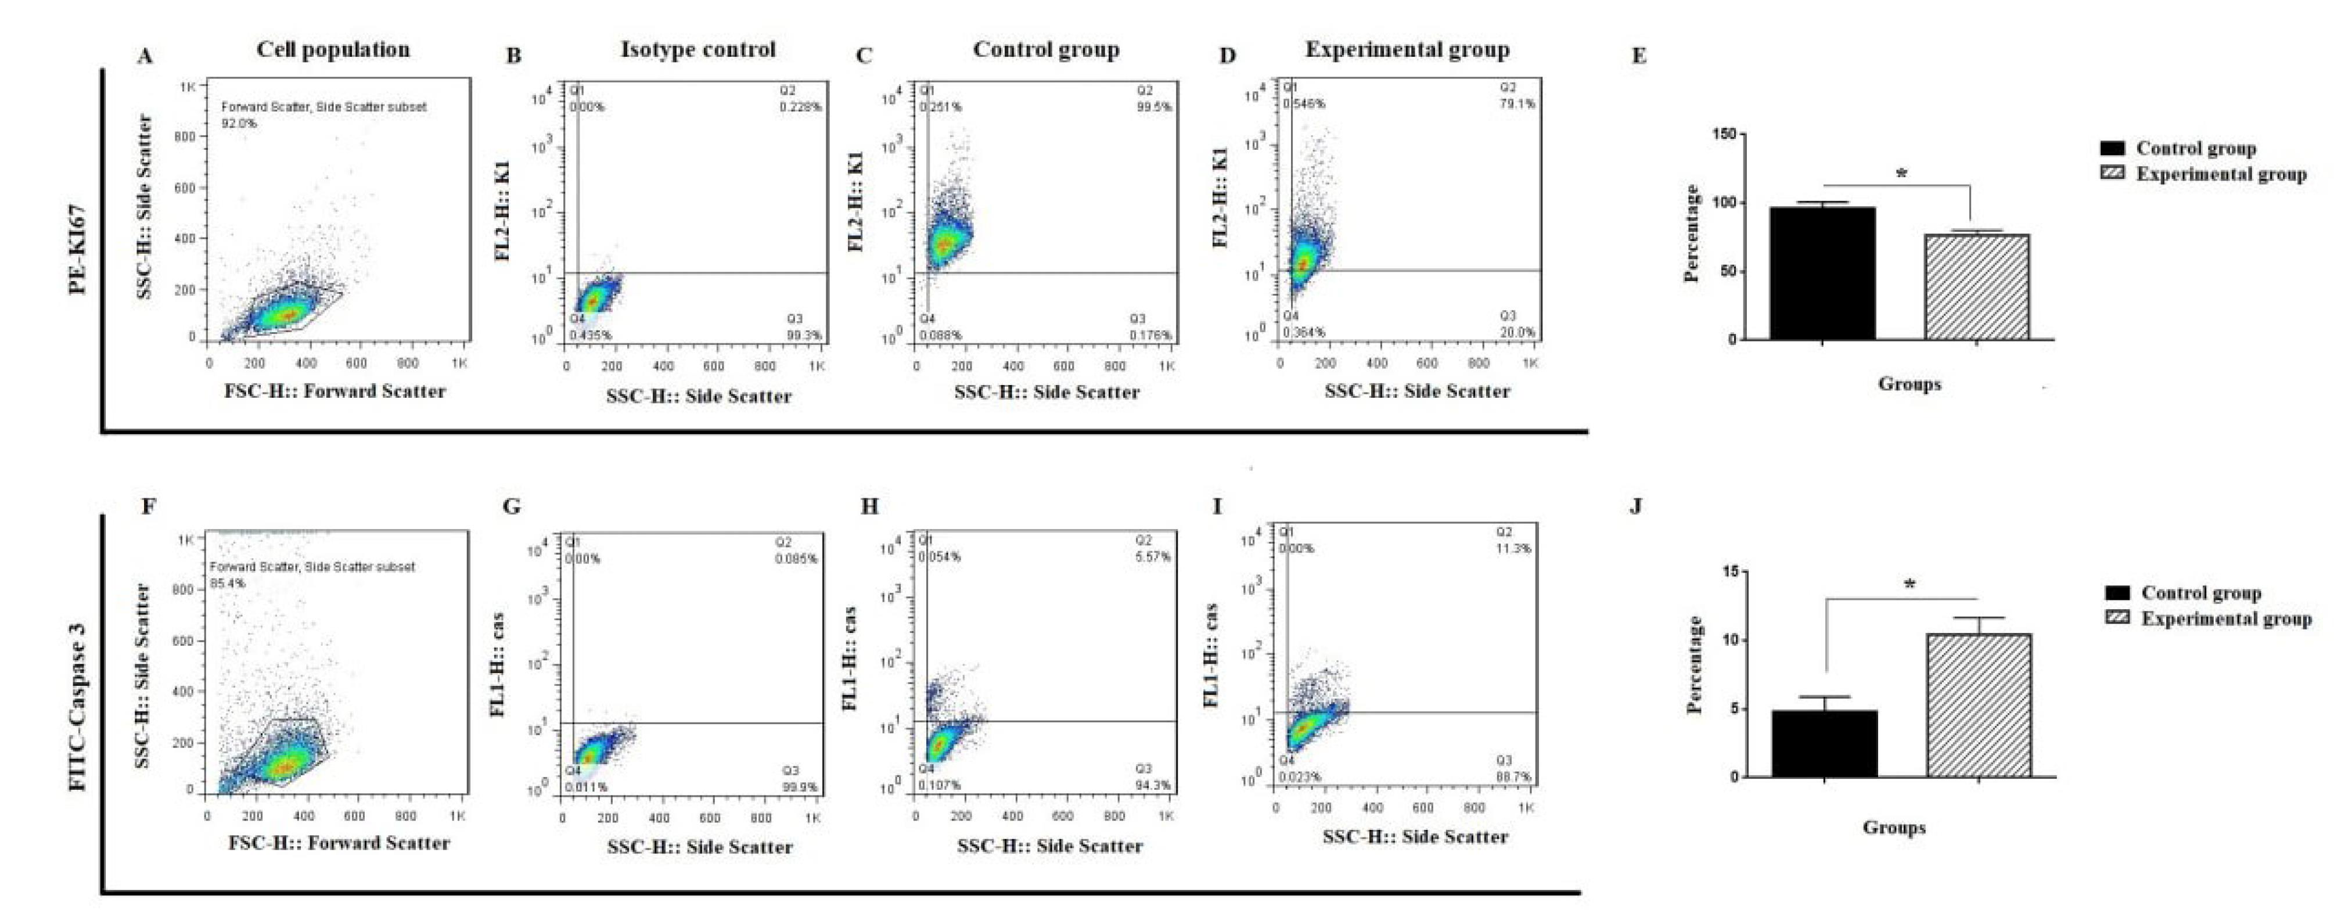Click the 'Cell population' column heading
pos(333,50)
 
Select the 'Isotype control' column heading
pos(697,50)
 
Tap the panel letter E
pos(1638,56)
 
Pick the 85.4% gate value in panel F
pos(228,583)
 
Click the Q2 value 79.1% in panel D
pos(1517,104)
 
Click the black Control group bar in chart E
pos(1823,273)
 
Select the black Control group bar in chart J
pos(1824,743)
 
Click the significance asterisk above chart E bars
pos(1901,173)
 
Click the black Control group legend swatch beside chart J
pos(2117,593)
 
